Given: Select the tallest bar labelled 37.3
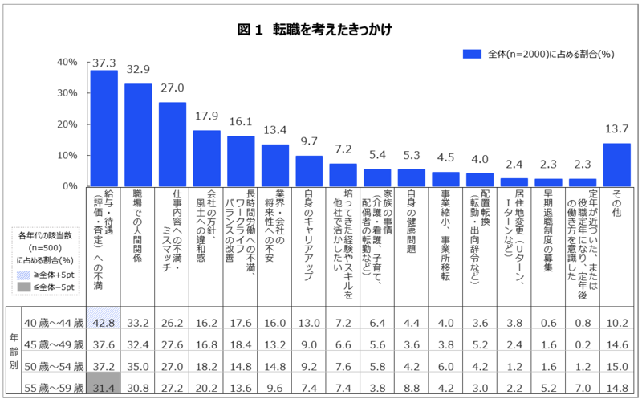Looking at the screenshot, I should pyautogui.click(x=104, y=128).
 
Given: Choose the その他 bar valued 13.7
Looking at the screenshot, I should pyautogui.click(x=616, y=165).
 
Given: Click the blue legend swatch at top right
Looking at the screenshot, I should pyautogui.click(x=472, y=54).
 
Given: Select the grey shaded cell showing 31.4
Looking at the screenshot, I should pyautogui.click(x=104, y=388).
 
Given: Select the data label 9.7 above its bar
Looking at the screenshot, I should pyautogui.click(x=310, y=142).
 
